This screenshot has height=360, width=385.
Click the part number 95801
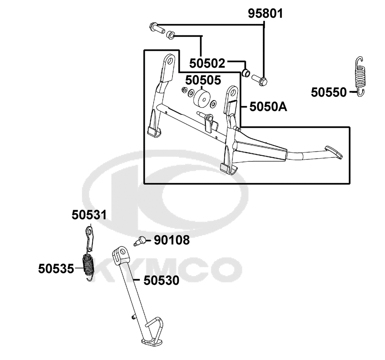(x=265, y=13)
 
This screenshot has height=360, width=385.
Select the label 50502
(x=207, y=64)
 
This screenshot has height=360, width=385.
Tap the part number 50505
(x=203, y=80)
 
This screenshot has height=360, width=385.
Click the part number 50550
(x=329, y=92)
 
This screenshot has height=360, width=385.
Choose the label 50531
(x=89, y=215)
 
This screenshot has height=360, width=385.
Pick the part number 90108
(x=172, y=240)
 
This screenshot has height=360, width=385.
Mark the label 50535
(x=56, y=269)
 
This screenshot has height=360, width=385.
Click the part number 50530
(x=161, y=280)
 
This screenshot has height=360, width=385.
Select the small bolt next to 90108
(x=139, y=240)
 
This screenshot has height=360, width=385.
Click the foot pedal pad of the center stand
(x=333, y=152)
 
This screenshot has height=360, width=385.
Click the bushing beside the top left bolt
(x=170, y=35)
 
